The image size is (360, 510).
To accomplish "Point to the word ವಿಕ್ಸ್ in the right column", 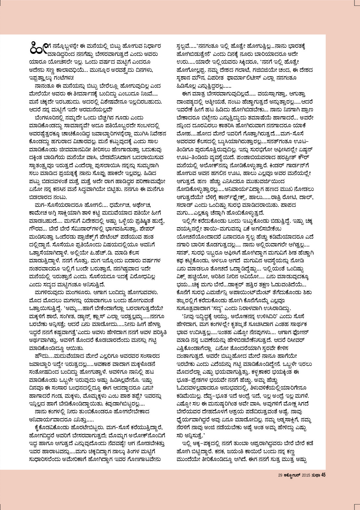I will tap(183, 277).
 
